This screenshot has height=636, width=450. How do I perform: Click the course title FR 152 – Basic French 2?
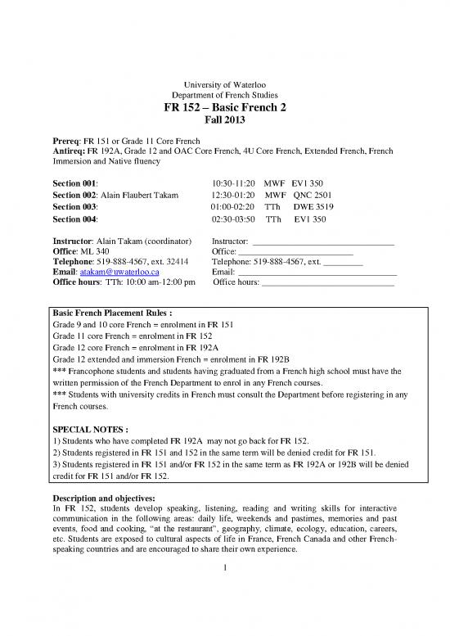pos(224,112)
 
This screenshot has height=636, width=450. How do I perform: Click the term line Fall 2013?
pos(224,126)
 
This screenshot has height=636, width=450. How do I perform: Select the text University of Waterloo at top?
pos(224,85)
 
